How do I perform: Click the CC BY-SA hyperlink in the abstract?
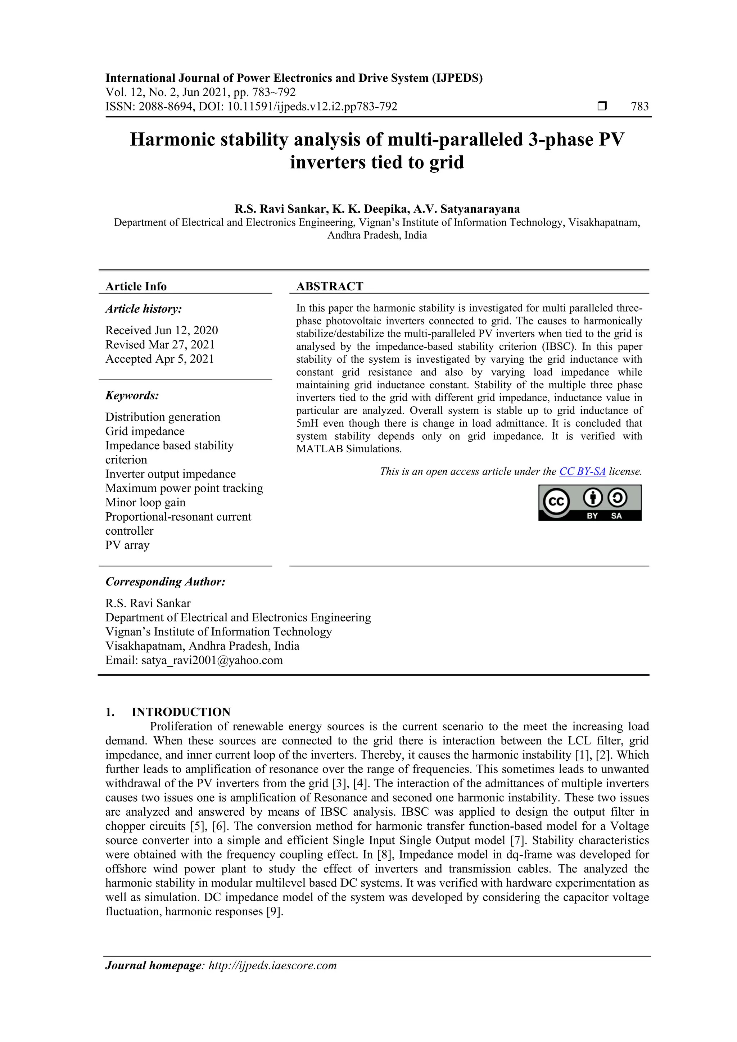pyautogui.click(x=582, y=472)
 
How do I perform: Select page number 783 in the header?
pyautogui.click(x=639, y=107)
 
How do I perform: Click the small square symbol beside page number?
pyautogui.click(x=602, y=107)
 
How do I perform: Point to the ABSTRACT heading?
pyautogui.click(x=330, y=286)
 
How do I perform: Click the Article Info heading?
pyautogui.click(x=136, y=286)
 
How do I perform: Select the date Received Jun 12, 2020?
pyautogui.click(x=162, y=330)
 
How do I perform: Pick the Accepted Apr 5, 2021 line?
pyautogui.click(x=159, y=359)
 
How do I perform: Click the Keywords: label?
pyautogui.click(x=132, y=395)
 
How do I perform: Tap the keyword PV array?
pyautogui.click(x=127, y=545)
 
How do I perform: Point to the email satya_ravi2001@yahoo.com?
pyautogui.click(x=212, y=660)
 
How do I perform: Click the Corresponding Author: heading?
pyautogui.click(x=165, y=582)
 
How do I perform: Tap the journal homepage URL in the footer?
pyautogui.click(x=272, y=965)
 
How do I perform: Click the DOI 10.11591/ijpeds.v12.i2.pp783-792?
pyautogui.click(x=312, y=107)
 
